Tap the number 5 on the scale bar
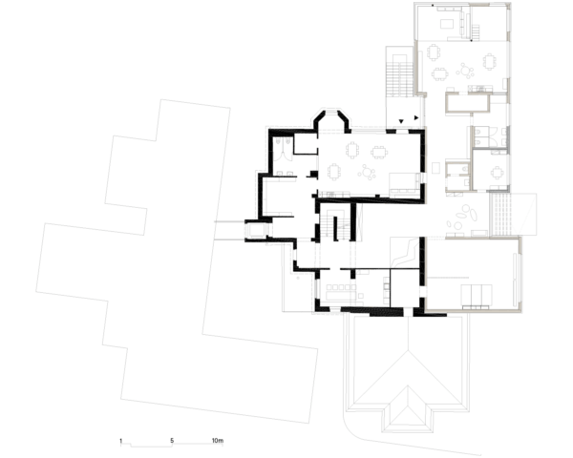pos(172,441)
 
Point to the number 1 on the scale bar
pos(121,441)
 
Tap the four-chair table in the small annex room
pos(495,173)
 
